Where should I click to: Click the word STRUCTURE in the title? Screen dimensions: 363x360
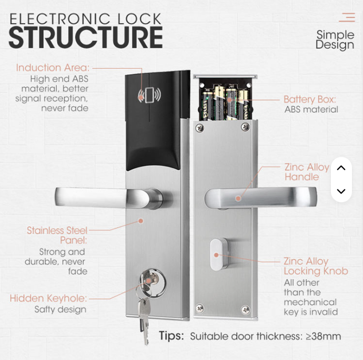point(86,37)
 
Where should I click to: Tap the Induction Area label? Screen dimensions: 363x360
point(53,68)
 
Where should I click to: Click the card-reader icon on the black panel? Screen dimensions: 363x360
point(149,95)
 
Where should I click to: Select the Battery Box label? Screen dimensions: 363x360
point(310,99)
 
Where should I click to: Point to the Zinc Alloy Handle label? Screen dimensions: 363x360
point(307,172)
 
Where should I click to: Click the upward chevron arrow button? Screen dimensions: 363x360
point(341,168)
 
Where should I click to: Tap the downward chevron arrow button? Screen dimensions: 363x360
point(341,192)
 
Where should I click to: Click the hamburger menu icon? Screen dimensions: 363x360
point(347,17)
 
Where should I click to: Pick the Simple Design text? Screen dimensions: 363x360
point(335,40)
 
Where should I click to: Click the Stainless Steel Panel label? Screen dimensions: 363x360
point(57,235)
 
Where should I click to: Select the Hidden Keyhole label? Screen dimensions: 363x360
point(48,298)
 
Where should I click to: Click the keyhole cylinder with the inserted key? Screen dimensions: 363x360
point(153,283)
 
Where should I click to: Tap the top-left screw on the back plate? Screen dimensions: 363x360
point(199,127)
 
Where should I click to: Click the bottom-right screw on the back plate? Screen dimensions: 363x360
point(245,309)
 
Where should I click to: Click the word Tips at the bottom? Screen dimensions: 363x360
point(172,336)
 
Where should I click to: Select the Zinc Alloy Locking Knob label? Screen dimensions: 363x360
point(316,266)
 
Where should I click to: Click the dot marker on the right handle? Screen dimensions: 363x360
point(238,198)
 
